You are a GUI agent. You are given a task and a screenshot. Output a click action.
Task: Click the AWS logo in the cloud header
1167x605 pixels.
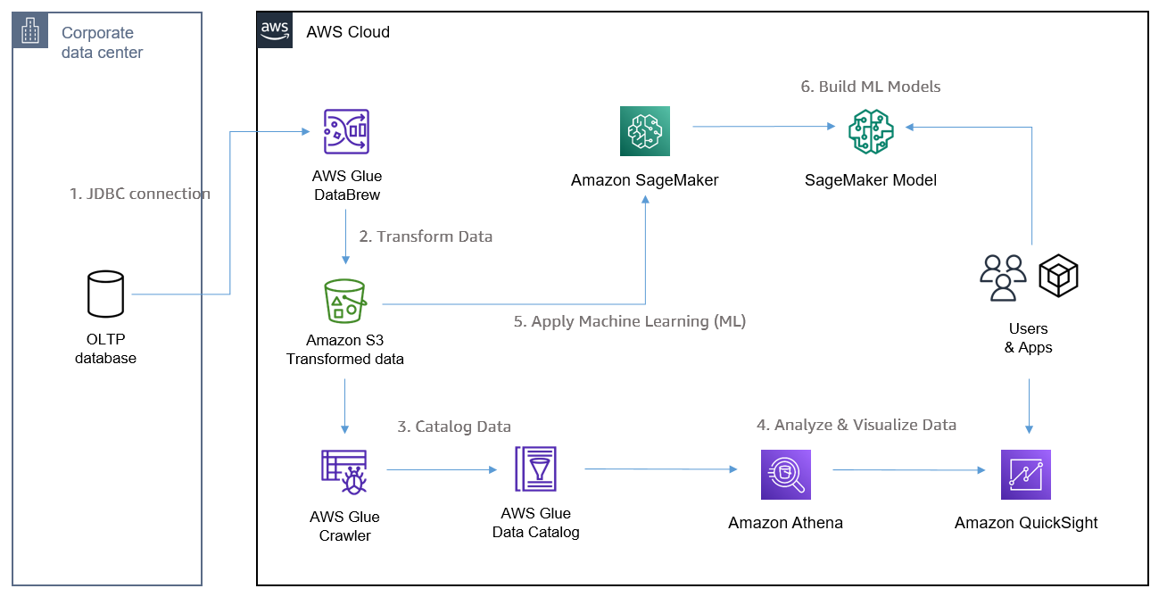pyautogui.click(x=275, y=30)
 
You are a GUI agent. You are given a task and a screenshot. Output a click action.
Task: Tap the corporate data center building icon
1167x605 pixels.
pyautogui.click(x=30, y=30)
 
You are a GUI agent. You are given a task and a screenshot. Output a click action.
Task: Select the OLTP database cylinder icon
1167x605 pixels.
pyautogui.click(x=106, y=294)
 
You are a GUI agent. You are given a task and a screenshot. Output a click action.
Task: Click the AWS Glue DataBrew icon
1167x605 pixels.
pyautogui.click(x=346, y=131)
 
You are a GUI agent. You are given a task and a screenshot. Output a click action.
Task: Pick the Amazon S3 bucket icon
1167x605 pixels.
pyautogui.click(x=345, y=302)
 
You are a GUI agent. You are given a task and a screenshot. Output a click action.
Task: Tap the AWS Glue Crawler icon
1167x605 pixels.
pyautogui.click(x=344, y=472)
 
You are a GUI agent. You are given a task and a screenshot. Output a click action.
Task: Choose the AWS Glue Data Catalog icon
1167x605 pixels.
pyautogui.click(x=535, y=469)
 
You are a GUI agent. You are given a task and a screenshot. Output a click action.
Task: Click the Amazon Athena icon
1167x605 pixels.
pyautogui.click(x=786, y=474)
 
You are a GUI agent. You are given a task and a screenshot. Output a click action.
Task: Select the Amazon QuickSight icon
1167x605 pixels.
pyautogui.click(x=1026, y=474)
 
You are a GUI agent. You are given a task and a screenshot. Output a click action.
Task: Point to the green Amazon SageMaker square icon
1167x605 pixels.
pyautogui.click(x=645, y=131)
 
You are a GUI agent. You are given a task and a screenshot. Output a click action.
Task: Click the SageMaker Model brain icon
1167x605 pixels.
pyautogui.click(x=871, y=131)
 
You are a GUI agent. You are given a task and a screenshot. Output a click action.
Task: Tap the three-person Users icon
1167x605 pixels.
pyautogui.click(x=1004, y=278)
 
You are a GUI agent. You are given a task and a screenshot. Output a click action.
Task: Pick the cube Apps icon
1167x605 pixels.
pyautogui.click(x=1059, y=276)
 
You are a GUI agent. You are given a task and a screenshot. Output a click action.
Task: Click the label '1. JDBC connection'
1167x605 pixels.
pyautogui.click(x=140, y=194)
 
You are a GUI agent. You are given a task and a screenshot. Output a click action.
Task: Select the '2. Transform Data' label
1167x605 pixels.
pyautogui.click(x=426, y=236)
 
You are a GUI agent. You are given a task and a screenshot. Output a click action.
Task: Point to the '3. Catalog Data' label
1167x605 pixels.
pyautogui.click(x=454, y=427)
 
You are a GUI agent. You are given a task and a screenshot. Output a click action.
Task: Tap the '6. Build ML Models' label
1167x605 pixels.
pyautogui.click(x=871, y=87)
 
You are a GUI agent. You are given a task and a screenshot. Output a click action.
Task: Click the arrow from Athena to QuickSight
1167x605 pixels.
pyautogui.click(x=909, y=470)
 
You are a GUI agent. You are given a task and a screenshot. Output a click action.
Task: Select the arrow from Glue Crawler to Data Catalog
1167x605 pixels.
pyautogui.click(x=442, y=470)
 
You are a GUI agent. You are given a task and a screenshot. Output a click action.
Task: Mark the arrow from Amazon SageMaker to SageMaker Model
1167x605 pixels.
pyautogui.click(x=764, y=126)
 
